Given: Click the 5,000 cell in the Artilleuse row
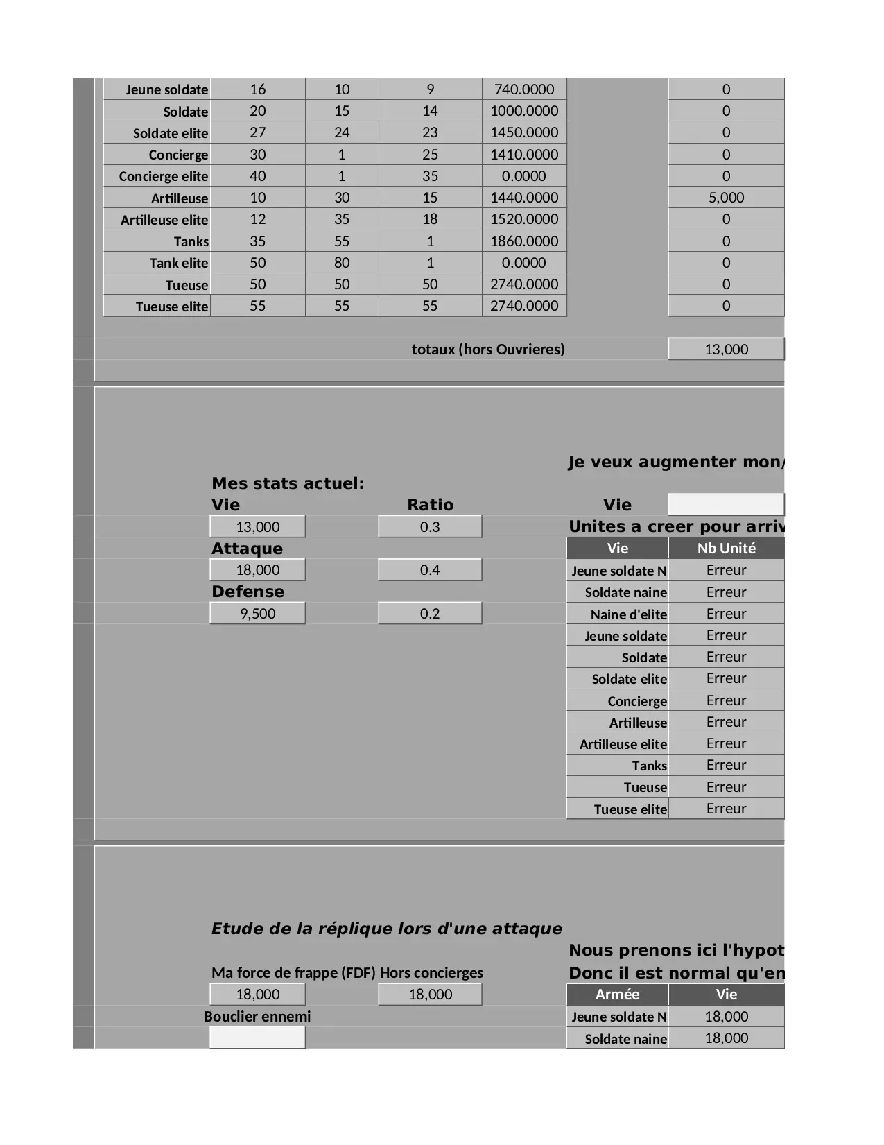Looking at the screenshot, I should pyautogui.click(x=726, y=198).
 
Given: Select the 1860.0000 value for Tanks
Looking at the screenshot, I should pyautogui.click(x=524, y=241).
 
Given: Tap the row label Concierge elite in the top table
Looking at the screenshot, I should pyautogui.click(x=164, y=176).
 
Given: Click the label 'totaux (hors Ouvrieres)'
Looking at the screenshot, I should pyautogui.click(x=488, y=350).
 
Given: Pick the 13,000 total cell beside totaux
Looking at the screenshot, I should pyautogui.click(x=726, y=350).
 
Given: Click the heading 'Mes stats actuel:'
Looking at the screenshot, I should pyautogui.click(x=288, y=483).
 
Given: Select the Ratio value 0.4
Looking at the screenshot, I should pyautogui.click(x=430, y=570).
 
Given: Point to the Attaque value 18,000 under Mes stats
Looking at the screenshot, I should pyautogui.click(x=257, y=570).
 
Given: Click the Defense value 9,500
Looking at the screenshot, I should pyautogui.click(x=257, y=614).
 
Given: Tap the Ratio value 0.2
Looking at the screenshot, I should pyautogui.click(x=430, y=614).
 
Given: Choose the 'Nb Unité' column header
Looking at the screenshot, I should pyautogui.click(x=726, y=549).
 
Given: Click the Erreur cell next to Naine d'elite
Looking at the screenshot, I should pyautogui.click(x=726, y=614).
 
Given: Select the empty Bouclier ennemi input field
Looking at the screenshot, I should pyautogui.click(x=257, y=1038).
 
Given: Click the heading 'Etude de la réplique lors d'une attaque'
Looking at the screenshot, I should pyautogui.click(x=386, y=929).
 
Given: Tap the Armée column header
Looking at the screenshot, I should pyautogui.click(x=617, y=995).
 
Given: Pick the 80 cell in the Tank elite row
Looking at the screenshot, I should pyautogui.click(x=342, y=263).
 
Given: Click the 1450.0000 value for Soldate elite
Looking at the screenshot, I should pyautogui.click(x=524, y=132).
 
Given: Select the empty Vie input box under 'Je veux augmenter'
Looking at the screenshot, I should pyautogui.click(x=726, y=504).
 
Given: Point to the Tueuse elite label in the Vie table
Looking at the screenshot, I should pyautogui.click(x=630, y=809).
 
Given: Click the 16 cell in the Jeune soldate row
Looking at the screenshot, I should pyautogui.click(x=257, y=89).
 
